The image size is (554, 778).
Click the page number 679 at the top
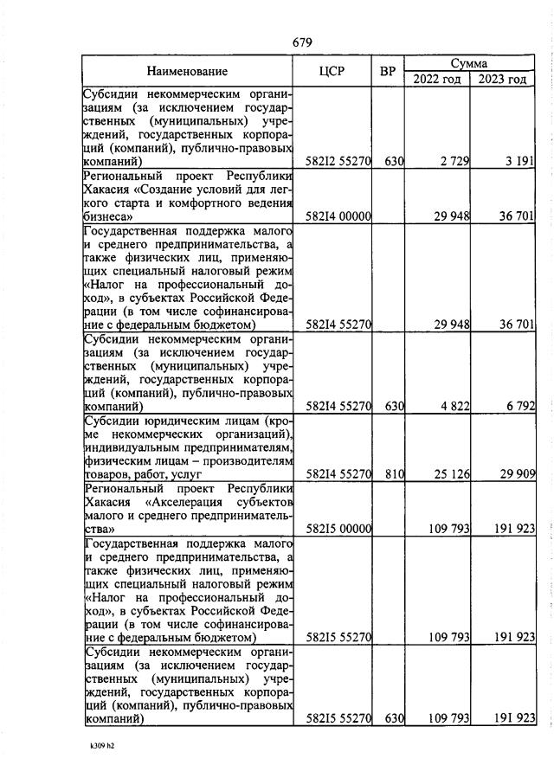pyautogui.click(x=302, y=42)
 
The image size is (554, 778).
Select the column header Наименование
pyautogui.click(x=187, y=71)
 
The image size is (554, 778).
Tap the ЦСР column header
pyautogui.click(x=332, y=71)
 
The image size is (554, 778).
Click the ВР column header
pyautogui.click(x=388, y=71)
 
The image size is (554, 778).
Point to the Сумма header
pyautogui.click(x=468, y=63)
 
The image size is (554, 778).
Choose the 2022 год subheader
pyautogui.click(x=437, y=80)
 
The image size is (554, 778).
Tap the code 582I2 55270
pyautogui.click(x=339, y=161)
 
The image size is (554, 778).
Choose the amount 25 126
pyautogui.click(x=449, y=474)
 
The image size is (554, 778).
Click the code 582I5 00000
pyautogui.click(x=339, y=529)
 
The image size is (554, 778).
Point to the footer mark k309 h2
pyautogui.click(x=102, y=743)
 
